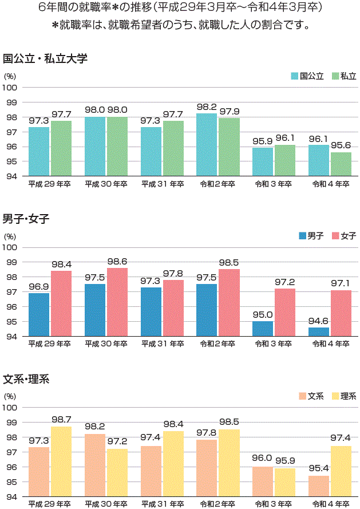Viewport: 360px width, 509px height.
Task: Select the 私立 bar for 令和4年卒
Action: [x=341, y=164]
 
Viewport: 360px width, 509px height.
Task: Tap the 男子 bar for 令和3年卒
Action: [x=263, y=329]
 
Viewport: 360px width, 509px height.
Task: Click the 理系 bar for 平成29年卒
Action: [x=61, y=461]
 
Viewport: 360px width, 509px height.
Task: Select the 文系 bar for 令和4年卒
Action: [x=319, y=486]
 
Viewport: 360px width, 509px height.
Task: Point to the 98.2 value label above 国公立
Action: [x=207, y=107]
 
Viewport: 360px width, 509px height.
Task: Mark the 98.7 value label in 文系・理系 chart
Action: [x=61, y=420]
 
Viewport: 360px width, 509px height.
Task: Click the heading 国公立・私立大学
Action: [x=45, y=58]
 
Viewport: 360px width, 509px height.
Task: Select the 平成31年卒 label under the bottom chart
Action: [x=163, y=504]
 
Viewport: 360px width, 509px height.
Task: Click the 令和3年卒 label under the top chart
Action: [x=273, y=184]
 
